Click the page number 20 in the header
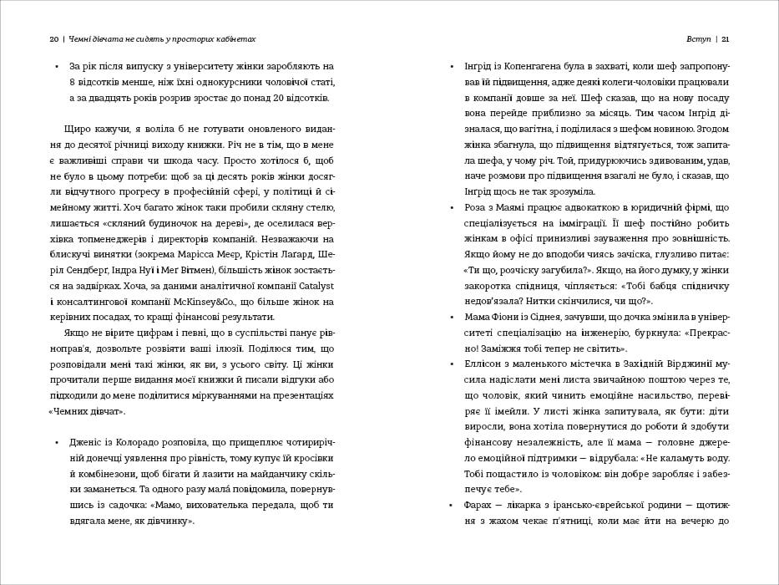[x=53, y=38]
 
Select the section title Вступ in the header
[x=697, y=38]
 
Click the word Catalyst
[x=315, y=287]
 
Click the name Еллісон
[x=483, y=364]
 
